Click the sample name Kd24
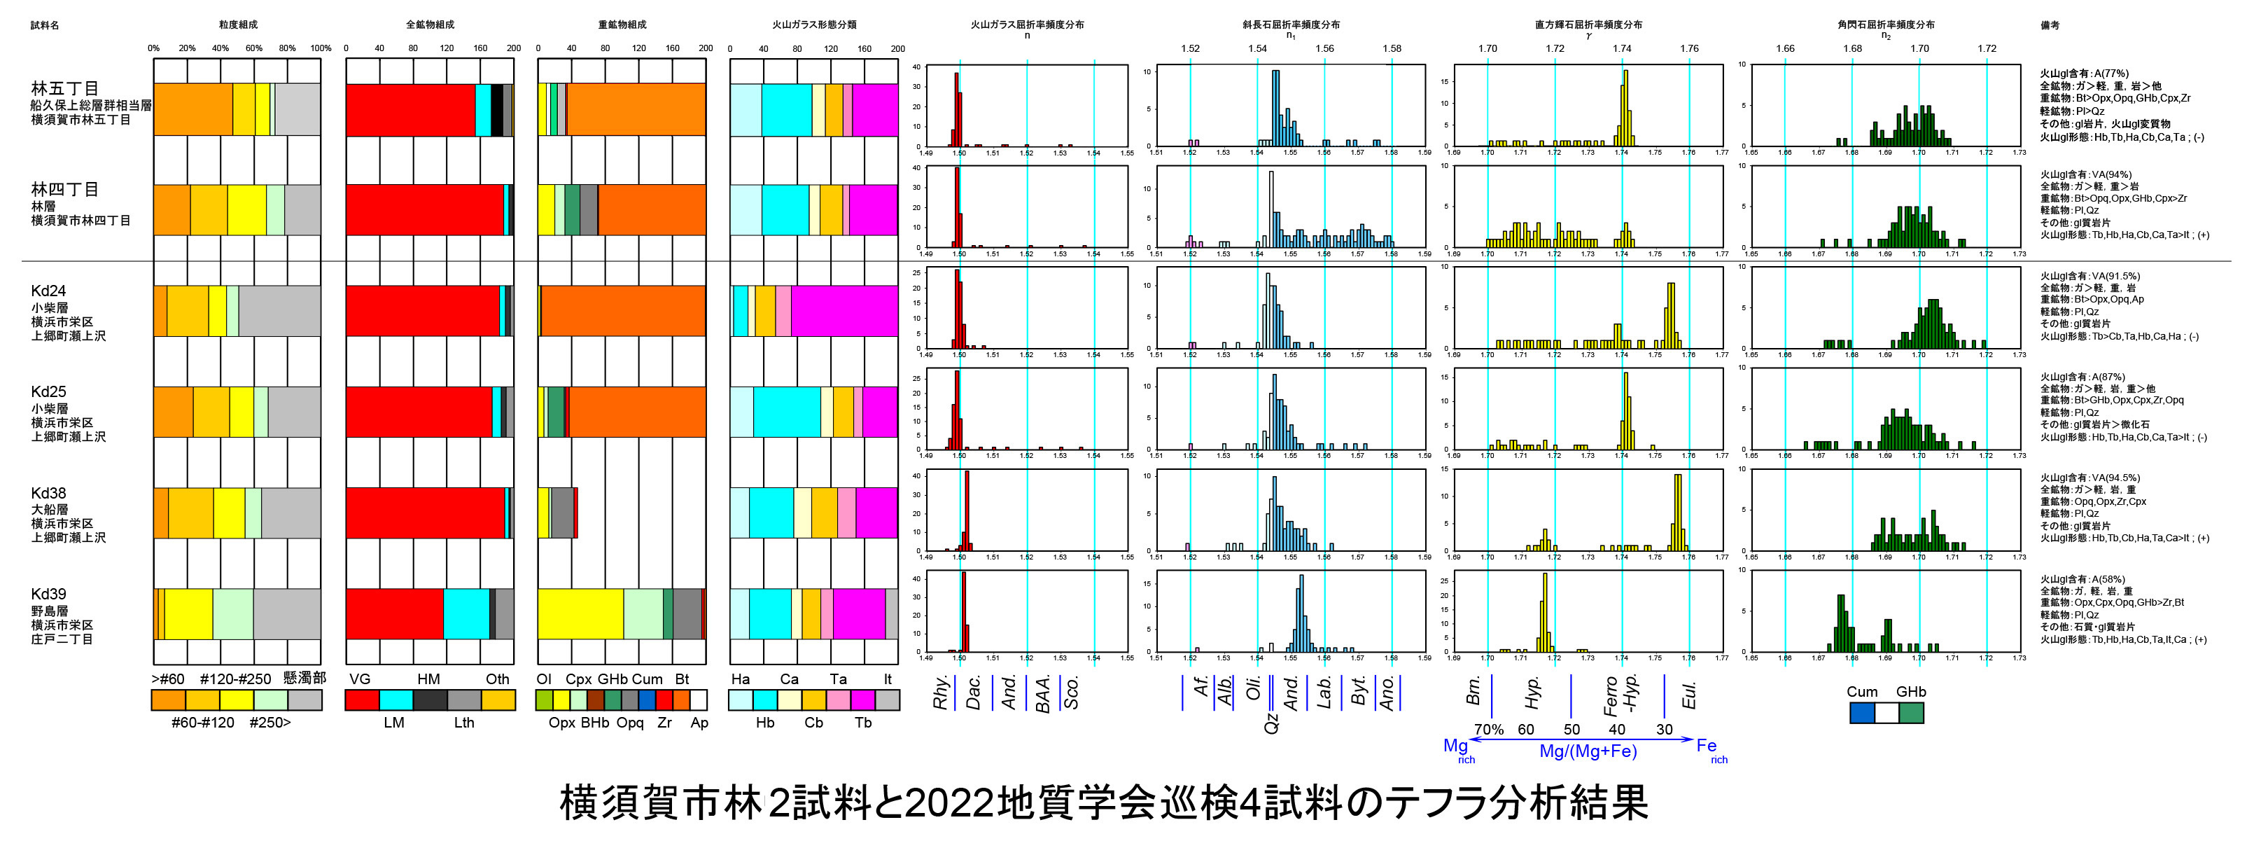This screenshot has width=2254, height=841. coord(48,291)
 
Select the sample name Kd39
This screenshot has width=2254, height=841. coord(48,595)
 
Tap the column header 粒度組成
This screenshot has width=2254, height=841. coord(237,25)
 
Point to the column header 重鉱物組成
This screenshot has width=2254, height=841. coord(622,25)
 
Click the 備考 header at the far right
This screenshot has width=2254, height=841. coord(2050,25)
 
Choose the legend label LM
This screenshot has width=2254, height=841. coord(393,723)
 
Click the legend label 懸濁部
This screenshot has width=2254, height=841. coord(304,679)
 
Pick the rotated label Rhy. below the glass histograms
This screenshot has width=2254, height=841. coord(941,693)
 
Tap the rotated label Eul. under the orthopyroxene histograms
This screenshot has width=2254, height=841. coord(1688,696)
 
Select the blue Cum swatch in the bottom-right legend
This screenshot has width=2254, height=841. coord(1861,712)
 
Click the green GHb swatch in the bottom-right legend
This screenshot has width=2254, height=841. coord(1911,712)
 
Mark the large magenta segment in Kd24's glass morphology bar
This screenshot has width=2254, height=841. coord(843,311)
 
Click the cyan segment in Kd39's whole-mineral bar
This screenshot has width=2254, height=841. coord(465,614)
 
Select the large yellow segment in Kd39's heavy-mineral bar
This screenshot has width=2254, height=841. coord(580,614)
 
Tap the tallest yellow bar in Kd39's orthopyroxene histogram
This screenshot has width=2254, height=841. coord(1544,613)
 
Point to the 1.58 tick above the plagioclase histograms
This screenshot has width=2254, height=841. coord(1392,49)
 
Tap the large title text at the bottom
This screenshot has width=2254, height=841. coord(1103,802)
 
